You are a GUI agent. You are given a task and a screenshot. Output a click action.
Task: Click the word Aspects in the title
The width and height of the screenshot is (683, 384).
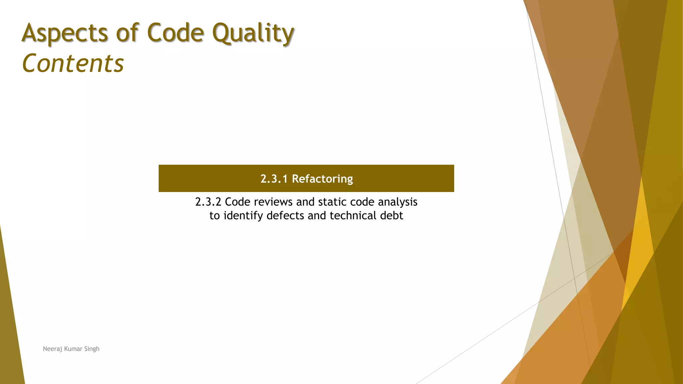pyautogui.click(x=65, y=33)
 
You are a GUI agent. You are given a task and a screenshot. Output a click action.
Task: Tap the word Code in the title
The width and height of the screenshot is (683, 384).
pyautogui.click(x=175, y=33)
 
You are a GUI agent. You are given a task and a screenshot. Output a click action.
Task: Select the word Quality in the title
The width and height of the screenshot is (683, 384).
pyautogui.click(x=253, y=34)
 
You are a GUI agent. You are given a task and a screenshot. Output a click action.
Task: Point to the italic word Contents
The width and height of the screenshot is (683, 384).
pyautogui.click(x=73, y=63)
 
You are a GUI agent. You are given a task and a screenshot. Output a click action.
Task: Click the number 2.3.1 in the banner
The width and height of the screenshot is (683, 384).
pyautogui.click(x=274, y=179)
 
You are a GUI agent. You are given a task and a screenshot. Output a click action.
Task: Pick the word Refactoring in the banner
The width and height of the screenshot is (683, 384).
pyautogui.click(x=322, y=179)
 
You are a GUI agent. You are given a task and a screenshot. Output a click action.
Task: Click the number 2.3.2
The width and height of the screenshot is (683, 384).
pyautogui.click(x=208, y=202)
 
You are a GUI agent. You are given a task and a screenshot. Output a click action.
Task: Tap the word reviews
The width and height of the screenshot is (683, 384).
pyautogui.click(x=273, y=202)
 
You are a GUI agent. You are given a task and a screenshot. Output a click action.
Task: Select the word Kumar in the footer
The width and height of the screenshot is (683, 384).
pyautogui.click(x=73, y=349)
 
